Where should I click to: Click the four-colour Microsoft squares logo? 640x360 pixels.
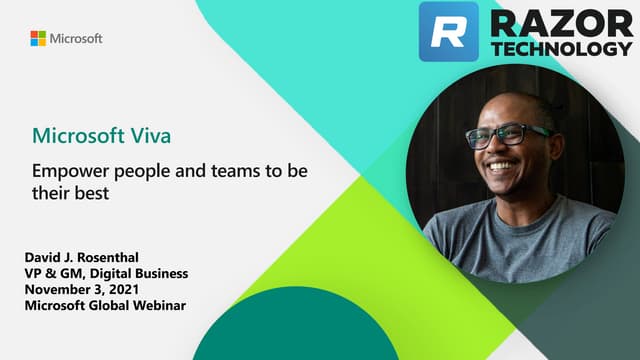point(38,38)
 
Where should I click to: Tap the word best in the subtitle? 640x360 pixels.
point(89,194)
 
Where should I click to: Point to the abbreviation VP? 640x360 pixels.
point(34,273)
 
